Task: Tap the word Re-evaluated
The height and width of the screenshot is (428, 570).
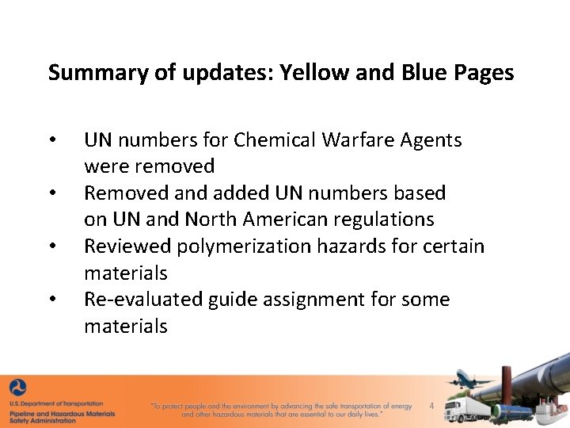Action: pyautogui.click(x=143, y=300)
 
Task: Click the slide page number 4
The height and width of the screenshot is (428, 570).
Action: pyautogui.click(x=431, y=407)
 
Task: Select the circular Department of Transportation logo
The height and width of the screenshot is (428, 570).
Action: pyautogui.click(x=17, y=388)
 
